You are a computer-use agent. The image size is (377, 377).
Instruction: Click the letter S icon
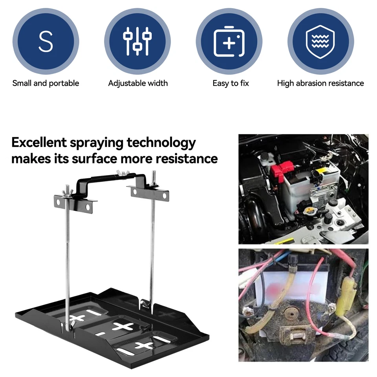tap(46, 41)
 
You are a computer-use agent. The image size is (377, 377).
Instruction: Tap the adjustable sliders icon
tap(137, 41)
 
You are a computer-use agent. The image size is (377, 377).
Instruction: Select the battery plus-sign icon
tap(229, 41)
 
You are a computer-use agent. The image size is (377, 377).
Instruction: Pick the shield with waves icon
tap(320, 41)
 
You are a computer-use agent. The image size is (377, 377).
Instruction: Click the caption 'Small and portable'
tap(46, 83)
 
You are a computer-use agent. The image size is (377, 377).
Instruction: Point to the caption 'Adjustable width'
tap(138, 83)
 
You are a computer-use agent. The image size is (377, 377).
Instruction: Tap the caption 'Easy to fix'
tap(231, 83)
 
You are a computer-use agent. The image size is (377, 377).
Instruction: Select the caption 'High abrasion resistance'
tap(320, 83)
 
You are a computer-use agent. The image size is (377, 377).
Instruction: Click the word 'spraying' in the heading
tap(97, 143)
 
